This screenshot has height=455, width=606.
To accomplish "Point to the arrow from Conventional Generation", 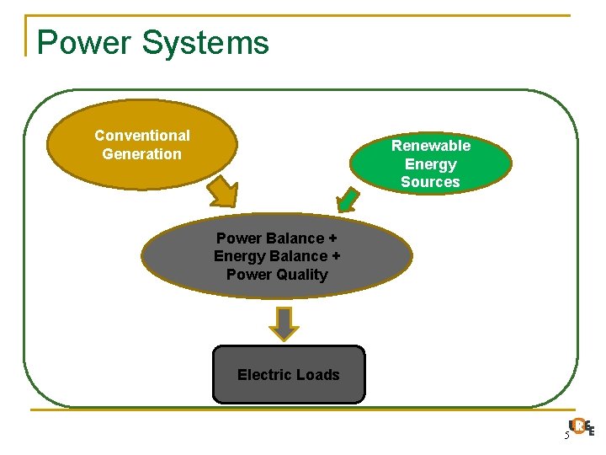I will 221,191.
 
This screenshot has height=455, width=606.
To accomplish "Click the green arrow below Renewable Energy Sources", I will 348,201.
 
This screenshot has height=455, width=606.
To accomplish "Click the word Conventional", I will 142,136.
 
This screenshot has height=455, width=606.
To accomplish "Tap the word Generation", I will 141,154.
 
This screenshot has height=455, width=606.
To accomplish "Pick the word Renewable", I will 430,146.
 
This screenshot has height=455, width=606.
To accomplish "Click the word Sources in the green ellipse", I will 430,182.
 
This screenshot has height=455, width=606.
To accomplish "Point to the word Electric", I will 263,375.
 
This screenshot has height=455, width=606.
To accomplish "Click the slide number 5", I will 566,435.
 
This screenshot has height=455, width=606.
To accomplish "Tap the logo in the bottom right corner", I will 582,427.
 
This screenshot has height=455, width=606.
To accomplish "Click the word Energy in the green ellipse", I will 430,164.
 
